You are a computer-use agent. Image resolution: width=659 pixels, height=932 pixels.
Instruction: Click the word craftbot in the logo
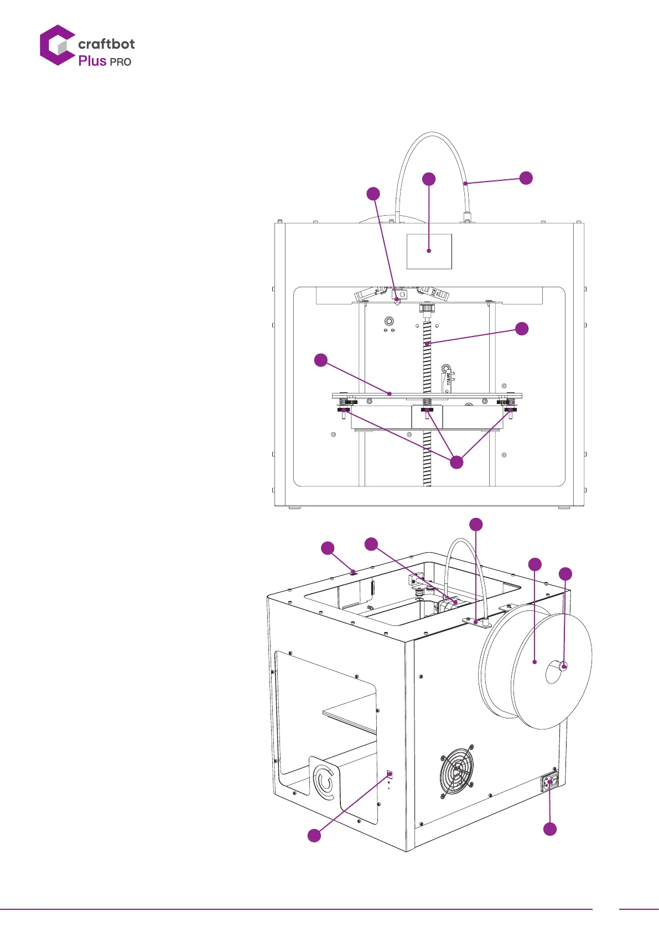coord(106,44)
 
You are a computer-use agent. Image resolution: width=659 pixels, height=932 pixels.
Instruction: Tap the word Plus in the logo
coord(92,61)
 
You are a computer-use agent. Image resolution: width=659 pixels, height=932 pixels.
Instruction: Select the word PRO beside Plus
coord(121,62)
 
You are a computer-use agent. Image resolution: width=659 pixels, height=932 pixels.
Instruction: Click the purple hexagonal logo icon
coord(56,45)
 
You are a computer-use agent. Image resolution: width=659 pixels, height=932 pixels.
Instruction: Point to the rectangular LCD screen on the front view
coord(429,251)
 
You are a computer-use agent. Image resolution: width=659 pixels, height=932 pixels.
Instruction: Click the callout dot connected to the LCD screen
coord(429,179)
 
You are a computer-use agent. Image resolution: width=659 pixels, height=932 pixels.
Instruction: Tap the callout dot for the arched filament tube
coord(526,178)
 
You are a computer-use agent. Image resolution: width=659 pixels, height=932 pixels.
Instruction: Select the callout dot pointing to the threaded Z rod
coord(521,329)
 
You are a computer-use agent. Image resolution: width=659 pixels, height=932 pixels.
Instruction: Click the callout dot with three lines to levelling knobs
coord(456,462)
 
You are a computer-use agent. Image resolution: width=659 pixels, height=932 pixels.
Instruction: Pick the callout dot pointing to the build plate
coord(321,360)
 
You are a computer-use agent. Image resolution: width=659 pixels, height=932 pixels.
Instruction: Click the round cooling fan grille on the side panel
coord(457,770)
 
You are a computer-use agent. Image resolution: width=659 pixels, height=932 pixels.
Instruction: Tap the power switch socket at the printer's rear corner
coord(550,782)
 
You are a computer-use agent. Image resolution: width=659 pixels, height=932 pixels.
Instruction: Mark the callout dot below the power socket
coord(550,829)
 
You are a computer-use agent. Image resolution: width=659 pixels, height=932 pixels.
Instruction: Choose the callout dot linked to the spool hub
coord(565,574)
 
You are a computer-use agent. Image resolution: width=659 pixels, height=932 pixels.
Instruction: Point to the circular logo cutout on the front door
coord(324,781)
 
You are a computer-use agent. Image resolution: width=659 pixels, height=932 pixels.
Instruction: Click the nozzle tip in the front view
coord(397,303)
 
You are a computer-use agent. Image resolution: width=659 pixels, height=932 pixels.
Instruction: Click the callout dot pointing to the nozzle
coord(373,194)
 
